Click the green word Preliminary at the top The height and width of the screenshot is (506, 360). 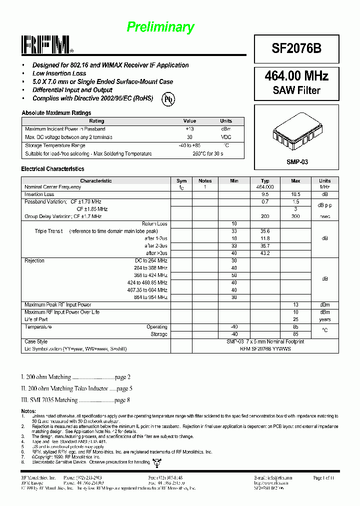160,27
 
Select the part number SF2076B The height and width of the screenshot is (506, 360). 296,48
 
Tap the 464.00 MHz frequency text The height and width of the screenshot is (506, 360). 296,76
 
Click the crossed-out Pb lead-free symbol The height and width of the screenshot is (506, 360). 168,99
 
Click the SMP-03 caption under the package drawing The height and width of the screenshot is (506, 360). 297,162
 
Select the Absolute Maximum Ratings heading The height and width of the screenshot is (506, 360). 56,113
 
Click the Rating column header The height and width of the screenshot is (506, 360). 96,121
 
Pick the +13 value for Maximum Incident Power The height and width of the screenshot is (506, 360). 189,129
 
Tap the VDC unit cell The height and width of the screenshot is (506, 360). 226,137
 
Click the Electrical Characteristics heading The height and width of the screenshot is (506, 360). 52,169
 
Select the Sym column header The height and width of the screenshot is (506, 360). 181,180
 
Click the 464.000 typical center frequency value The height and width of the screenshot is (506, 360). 265,187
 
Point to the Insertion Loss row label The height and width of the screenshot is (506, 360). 39,194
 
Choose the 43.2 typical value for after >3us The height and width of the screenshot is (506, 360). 265,253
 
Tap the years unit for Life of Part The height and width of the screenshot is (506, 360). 324,319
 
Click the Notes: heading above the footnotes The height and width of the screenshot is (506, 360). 28,410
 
